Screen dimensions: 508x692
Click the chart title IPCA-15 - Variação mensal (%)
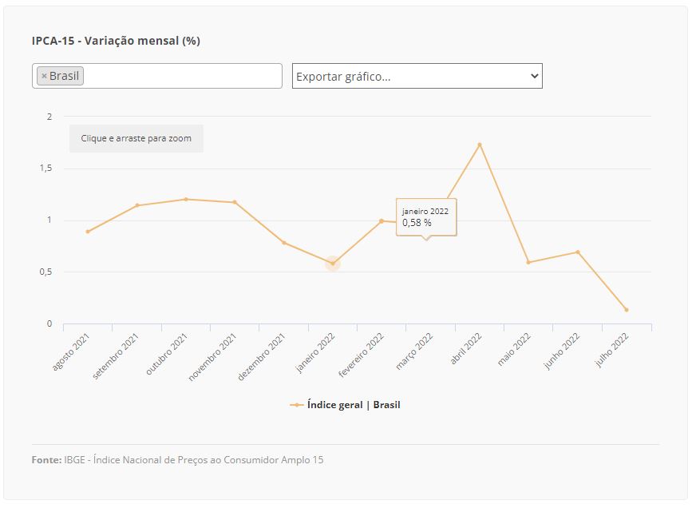click(116, 41)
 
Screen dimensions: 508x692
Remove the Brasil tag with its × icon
click(44, 76)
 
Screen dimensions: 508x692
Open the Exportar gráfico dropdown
click(417, 76)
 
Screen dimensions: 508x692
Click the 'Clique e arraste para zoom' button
click(136, 138)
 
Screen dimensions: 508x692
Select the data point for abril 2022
click(480, 145)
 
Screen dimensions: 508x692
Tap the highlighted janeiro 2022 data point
click(333, 264)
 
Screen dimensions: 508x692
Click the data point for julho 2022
click(627, 310)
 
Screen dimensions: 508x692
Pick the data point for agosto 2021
click(88, 232)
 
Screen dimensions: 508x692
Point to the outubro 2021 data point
click(186, 199)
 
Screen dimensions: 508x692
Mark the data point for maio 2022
click(528, 262)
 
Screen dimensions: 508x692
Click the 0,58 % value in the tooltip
click(417, 223)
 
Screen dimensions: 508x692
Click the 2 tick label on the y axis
click(49, 117)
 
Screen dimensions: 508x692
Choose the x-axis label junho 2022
click(563, 352)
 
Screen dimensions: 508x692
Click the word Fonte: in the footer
click(46, 460)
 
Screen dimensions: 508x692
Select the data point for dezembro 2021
click(284, 243)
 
